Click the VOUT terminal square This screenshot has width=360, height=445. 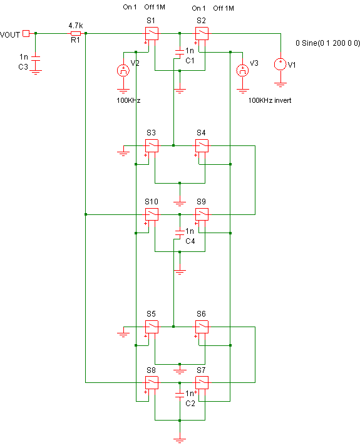coord(26,33)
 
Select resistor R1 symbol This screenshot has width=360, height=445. coord(76,33)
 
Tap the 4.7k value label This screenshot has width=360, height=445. coord(76,26)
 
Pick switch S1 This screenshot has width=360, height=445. coord(152,33)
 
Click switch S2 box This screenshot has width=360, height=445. coord(202,33)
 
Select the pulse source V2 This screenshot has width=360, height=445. coord(123,70)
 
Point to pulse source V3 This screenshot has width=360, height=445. coord(243,70)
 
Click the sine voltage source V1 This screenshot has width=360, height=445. coord(280,64)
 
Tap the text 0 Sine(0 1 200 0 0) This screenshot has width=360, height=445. coord(327,43)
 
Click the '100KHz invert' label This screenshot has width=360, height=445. coord(270,100)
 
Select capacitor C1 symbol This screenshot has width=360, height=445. coord(180,52)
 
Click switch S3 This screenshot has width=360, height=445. coord(152,145)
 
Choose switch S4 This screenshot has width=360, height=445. coord(202,145)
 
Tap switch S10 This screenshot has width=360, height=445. coord(152,214)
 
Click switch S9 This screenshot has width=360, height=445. coord(202,214)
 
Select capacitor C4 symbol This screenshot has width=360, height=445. coord(180,233)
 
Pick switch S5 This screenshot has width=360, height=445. coord(152,327)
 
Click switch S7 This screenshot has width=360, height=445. coord(202,382)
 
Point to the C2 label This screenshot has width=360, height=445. coord(190,404)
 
